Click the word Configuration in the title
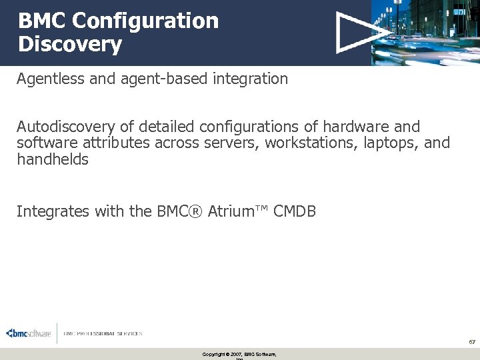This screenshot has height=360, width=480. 145,21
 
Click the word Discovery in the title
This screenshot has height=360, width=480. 70,45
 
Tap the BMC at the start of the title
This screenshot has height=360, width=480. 42,21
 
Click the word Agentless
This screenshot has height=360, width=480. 47,79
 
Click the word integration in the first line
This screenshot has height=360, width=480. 251,79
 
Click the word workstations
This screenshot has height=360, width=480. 312,143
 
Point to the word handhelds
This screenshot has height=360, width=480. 52,159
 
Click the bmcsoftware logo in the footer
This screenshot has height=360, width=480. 28,333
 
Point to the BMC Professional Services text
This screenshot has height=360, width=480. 103,333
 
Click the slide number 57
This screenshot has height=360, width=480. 471,341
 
